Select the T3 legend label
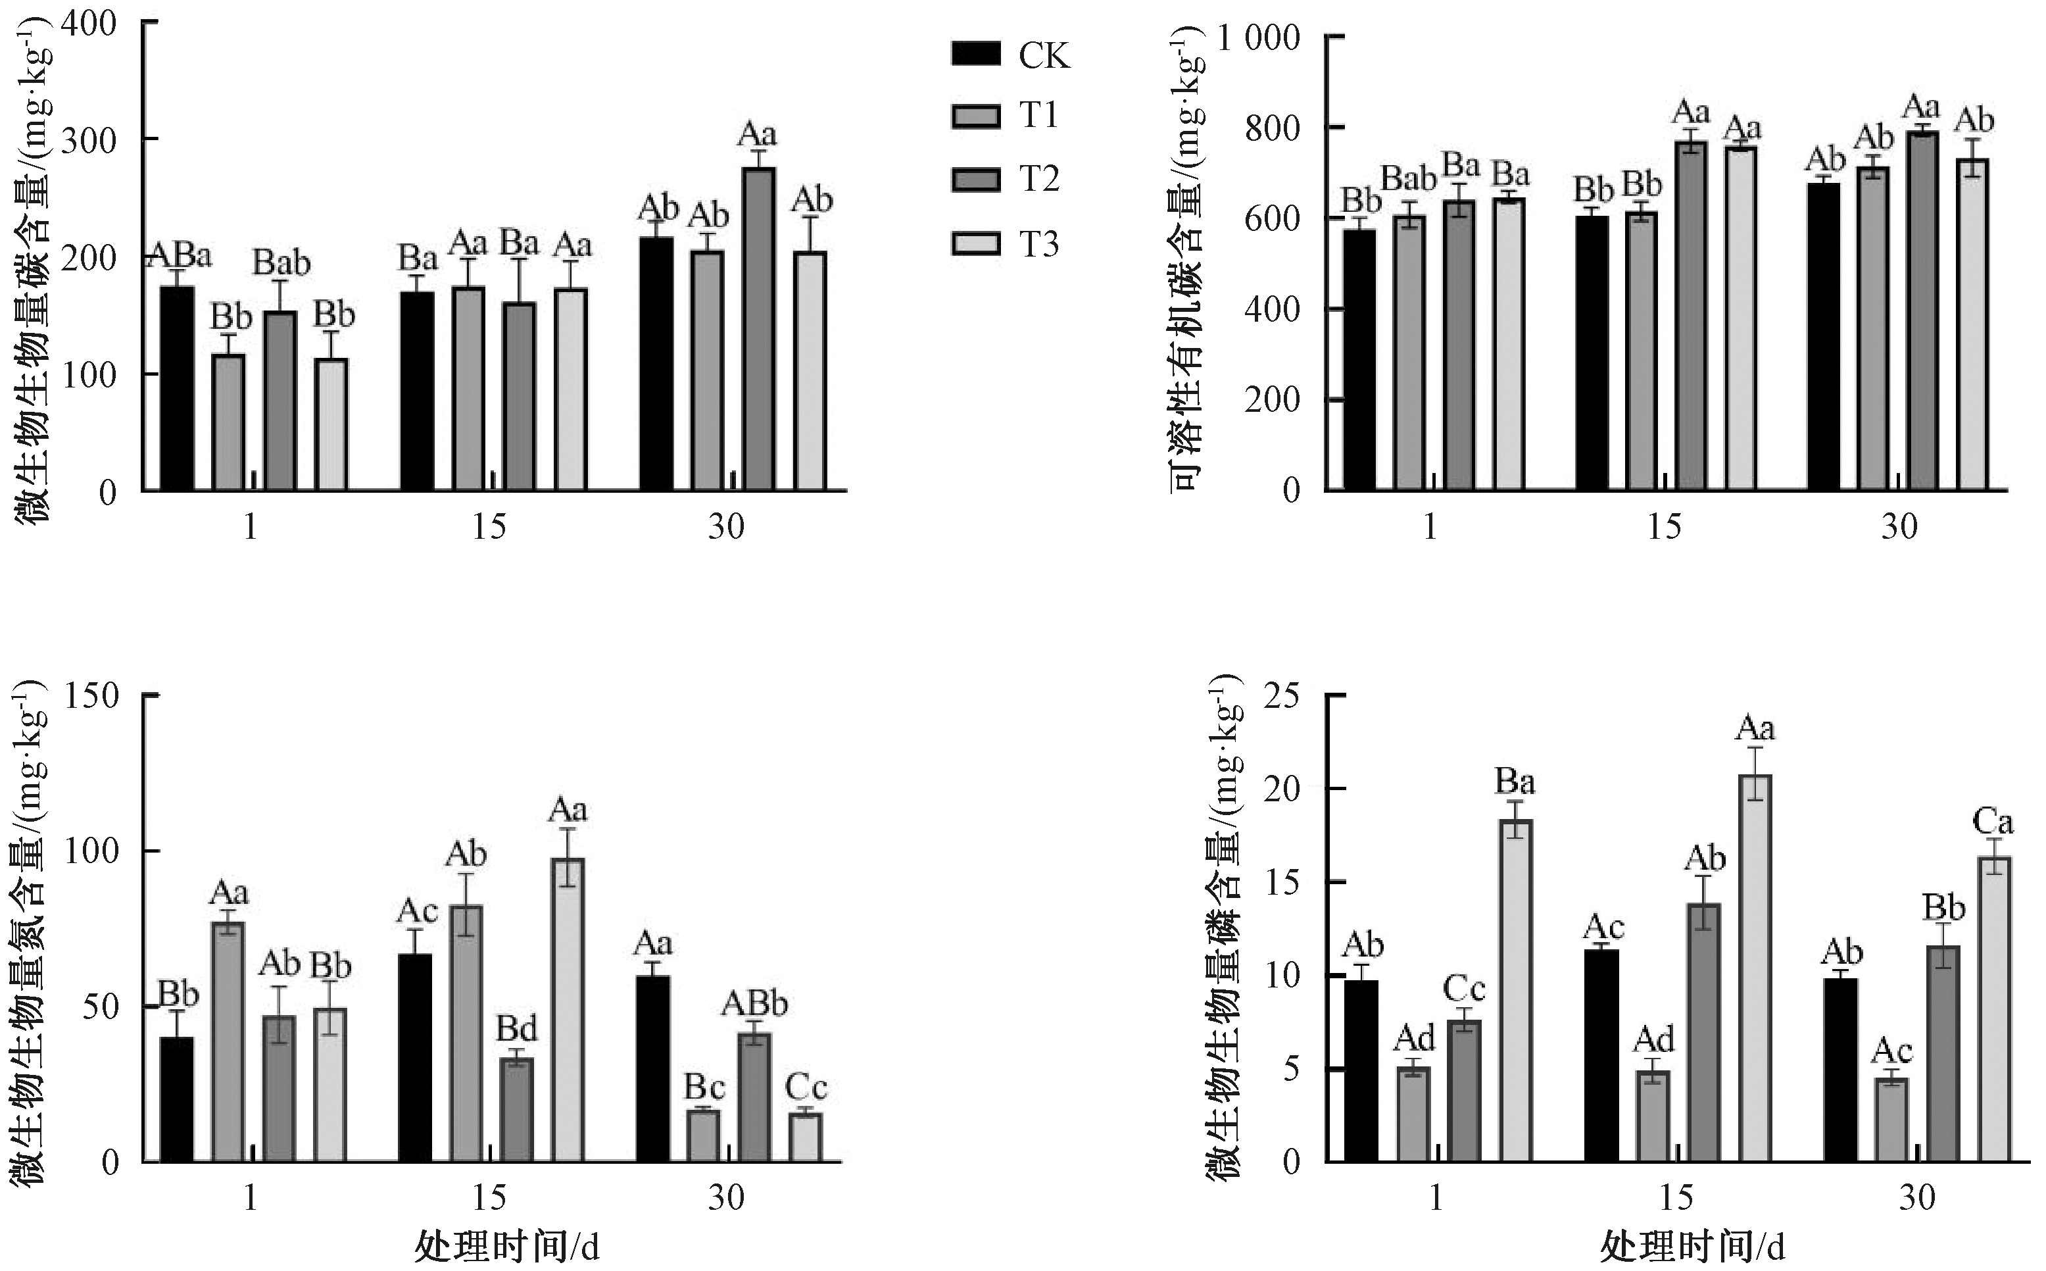[x=1039, y=244]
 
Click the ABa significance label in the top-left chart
[x=180, y=255]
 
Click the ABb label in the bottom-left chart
[x=754, y=1004]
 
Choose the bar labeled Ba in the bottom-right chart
[x=1515, y=990]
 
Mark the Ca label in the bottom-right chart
[x=1991, y=820]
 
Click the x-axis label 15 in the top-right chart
[x=1664, y=527]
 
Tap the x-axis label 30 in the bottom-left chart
[x=726, y=1197]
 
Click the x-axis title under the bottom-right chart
[x=1691, y=1247]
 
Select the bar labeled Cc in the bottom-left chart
[x=806, y=1137]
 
